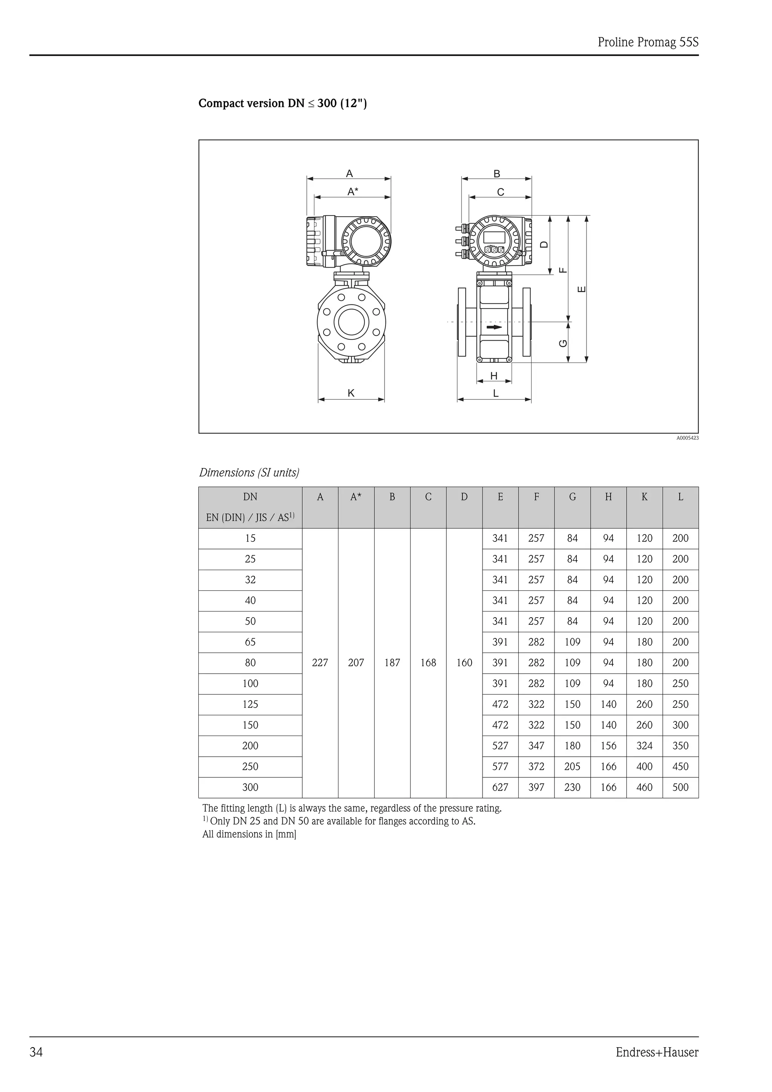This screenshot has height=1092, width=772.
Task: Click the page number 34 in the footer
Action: (36, 1052)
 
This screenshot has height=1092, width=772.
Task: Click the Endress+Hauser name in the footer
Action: (657, 1052)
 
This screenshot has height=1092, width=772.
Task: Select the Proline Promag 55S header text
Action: (648, 42)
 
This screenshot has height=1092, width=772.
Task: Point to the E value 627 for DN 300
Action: (500, 787)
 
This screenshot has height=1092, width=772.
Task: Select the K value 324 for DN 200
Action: (644, 746)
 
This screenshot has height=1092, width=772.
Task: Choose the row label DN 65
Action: (250, 642)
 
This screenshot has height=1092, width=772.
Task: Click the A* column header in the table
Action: (356, 497)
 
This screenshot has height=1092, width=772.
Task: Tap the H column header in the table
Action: (608, 497)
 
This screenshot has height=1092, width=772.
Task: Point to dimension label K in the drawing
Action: (351, 393)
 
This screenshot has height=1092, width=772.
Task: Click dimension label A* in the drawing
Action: (352, 192)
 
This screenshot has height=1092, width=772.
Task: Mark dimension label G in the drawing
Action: (563, 343)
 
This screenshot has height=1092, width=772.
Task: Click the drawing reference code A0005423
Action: (687, 438)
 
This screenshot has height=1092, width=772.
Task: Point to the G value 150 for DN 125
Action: (572, 704)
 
